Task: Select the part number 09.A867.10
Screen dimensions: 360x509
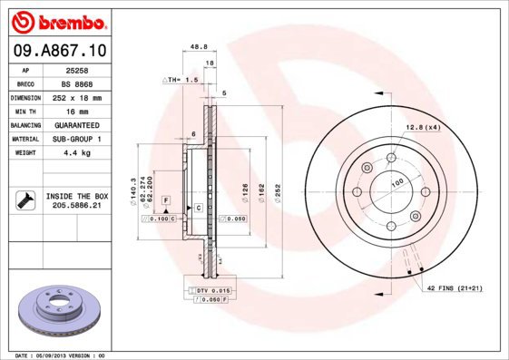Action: (x=59, y=51)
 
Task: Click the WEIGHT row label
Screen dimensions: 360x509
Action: (x=24, y=153)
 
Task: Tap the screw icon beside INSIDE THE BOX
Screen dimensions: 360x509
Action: (x=25, y=200)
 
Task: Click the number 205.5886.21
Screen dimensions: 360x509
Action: (x=76, y=206)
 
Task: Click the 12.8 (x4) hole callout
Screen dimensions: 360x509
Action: (x=423, y=127)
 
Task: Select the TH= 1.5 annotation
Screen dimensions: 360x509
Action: (x=180, y=81)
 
